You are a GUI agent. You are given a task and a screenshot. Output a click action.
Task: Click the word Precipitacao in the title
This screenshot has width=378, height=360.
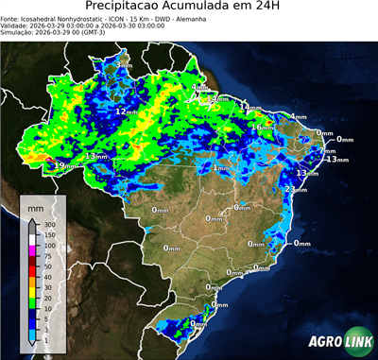[x=120, y=8]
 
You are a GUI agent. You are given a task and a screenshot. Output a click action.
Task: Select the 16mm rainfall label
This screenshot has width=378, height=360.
[x=257, y=127]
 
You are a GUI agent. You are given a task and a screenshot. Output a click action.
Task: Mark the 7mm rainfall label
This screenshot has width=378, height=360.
[x=327, y=150]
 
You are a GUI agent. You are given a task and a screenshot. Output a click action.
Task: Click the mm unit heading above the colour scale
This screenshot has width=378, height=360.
[x=35, y=205]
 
